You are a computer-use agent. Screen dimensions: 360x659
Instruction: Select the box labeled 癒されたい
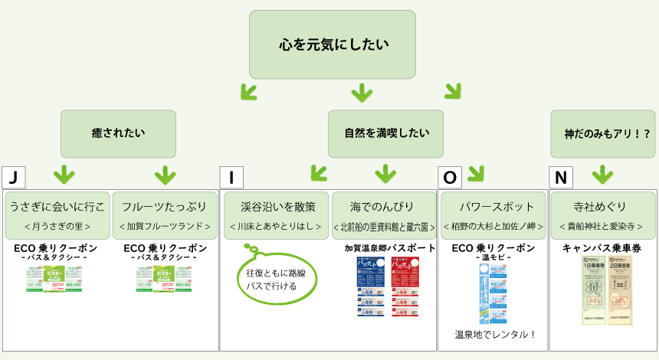point(118,133)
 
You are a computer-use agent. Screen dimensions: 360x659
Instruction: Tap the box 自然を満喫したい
point(385,133)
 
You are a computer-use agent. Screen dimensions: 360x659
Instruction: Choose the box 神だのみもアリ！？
point(601,133)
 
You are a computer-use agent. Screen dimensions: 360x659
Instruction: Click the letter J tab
point(13,178)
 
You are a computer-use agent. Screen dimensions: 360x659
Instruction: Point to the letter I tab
point(231,178)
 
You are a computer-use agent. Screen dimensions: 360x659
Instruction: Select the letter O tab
point(450,178)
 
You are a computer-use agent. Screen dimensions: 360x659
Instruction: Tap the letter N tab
point(561,178)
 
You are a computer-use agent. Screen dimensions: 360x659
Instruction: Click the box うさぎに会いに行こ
point(57,214)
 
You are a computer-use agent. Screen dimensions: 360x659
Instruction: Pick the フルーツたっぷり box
point(165,214)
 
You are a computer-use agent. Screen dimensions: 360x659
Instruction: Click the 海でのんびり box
point(383,214)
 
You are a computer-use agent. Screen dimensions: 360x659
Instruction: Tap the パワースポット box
point(493,214)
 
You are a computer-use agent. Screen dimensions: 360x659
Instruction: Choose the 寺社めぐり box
point(602,214)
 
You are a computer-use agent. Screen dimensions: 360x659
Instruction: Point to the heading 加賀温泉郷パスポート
point(389,248)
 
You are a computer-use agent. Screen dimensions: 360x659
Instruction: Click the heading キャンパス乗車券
point(602,248)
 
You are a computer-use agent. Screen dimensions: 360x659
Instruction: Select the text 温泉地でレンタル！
point(493,334)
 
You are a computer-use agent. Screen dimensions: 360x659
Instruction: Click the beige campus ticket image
point(607,290)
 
